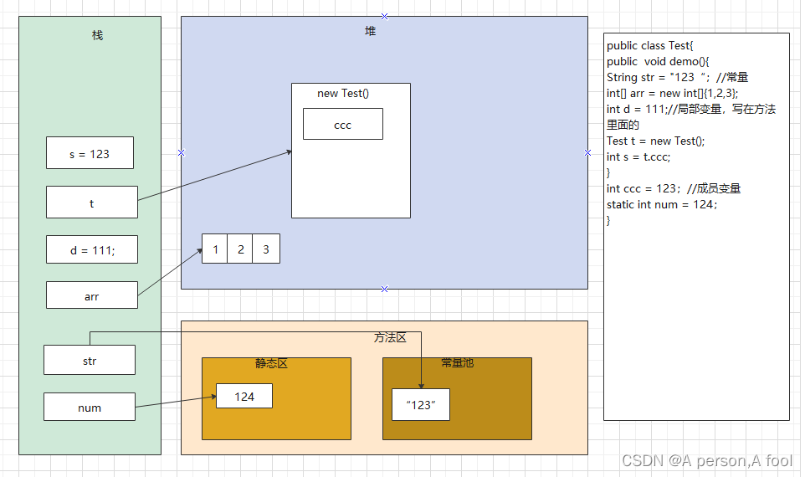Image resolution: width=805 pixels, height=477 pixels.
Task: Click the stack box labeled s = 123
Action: pyautogui.click(x=90, y=153)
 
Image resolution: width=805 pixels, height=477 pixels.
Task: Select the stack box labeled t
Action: pyautogui.click(x=91, y=203)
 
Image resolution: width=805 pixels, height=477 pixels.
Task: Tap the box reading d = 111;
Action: pyautogui.click(x=91, y=249)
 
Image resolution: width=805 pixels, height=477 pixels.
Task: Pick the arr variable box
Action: pyautogui.click(x=91, y=295)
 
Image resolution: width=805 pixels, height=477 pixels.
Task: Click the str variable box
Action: pyautogui.click(x=89, y=361)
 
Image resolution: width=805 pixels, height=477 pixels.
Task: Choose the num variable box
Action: pyautogui.click(x=89, y=408)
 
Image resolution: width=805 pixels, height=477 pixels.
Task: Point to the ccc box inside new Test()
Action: pyautogui.click(x=342, y=125)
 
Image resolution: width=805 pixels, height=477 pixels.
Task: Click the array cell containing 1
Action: pyautogui.click(x=215, y=249)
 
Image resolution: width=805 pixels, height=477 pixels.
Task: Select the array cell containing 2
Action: pyautogui.click(x=240, y=249)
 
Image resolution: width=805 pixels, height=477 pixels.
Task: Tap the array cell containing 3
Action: pyautogui.click(x=266, y=249)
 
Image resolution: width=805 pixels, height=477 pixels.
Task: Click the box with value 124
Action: pyautogui.click(x=244, y=396)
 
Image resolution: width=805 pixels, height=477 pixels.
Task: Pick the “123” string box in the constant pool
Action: pyautogui.click(x=421, y=404)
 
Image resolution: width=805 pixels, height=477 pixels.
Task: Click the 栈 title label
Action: pyautogui.click(x=97, y=35)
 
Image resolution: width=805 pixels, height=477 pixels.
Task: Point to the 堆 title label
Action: pyautogui.click(x=370, y=31)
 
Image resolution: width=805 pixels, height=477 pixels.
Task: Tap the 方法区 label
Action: pyautogui.click(x=390, y=337)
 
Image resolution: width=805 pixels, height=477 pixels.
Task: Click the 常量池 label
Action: pyautogui.click(x=457, y=363)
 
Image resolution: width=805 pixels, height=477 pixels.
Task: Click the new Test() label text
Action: pyautogui.click(x=342, y=93)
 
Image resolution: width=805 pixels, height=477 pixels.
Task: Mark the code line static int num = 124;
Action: pyautogui.click(x=662, y=204)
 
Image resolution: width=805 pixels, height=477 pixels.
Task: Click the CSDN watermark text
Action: pyautogui.click(x=706, y=460)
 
